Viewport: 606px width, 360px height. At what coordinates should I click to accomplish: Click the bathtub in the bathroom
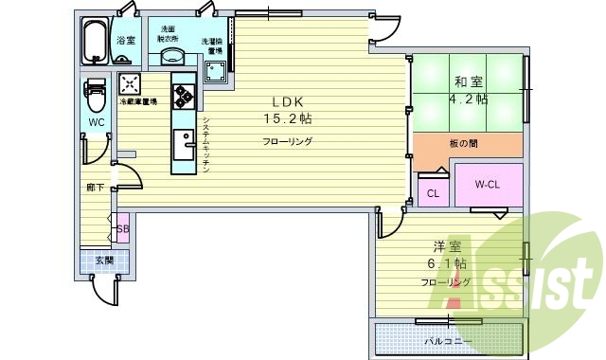pos(94,41)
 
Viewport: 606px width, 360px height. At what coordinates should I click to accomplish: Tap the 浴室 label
pos(126,41)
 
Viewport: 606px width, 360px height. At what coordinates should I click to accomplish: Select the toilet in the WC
pos(96,96)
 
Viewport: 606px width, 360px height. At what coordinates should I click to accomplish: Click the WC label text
pos(97,123)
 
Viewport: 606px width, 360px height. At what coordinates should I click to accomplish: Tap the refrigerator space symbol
pos(130,83)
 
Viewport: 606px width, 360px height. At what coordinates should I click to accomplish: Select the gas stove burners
pos(183,94)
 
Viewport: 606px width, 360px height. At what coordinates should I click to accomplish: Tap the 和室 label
pos(467,81)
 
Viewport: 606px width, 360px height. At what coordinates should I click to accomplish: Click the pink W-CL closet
pos(487,185)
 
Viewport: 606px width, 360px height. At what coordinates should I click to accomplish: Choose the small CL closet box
pos(433,194)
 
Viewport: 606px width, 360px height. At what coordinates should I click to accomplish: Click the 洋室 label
pos(445,245)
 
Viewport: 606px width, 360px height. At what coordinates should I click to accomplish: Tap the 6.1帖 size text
pos(447,263)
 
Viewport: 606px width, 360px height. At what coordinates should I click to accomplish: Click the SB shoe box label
pos(123,229)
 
